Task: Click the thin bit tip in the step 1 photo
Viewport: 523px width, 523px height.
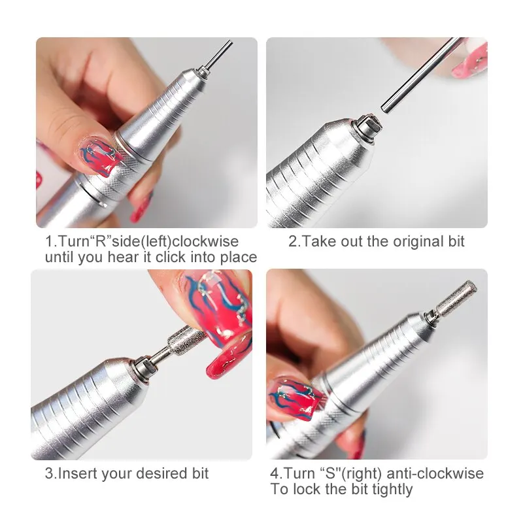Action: (x=222, y=52)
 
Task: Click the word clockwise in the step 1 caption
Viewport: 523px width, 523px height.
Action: (x=208, y=242)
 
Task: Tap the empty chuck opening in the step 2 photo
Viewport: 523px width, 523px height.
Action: (x=367, y=123)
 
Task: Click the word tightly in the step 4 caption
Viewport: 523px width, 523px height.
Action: (x=392, y=489)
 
